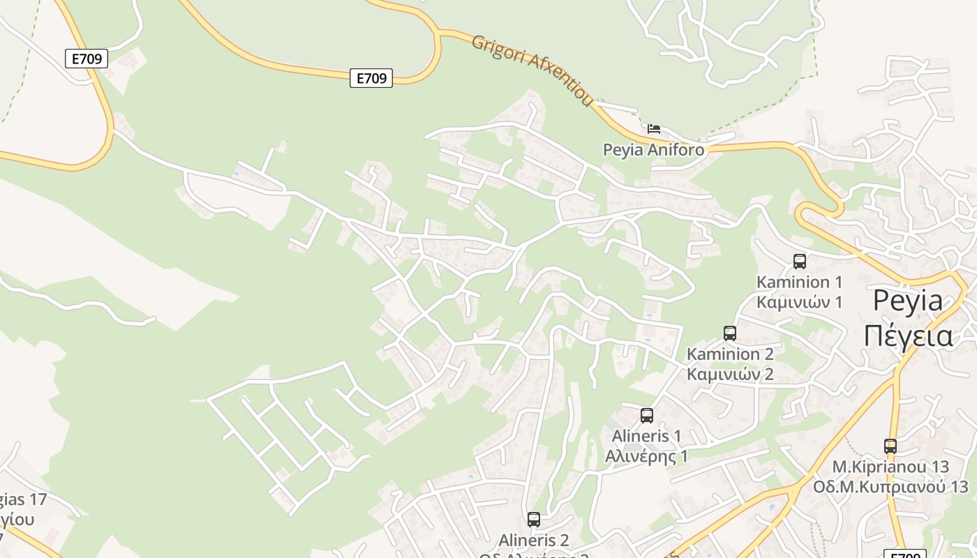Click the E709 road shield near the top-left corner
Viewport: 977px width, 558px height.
pos(87,59)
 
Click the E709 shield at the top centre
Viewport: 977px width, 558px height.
pos(371,78)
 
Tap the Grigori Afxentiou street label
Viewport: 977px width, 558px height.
pos(532,70)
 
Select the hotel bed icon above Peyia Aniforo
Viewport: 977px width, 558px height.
pos(654,128)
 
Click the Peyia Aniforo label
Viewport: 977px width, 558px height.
pos(653,150)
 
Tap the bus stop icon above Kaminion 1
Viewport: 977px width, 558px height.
pos(800,262)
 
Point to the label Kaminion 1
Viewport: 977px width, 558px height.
pos(800,282)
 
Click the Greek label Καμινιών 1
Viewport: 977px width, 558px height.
pos(800,303)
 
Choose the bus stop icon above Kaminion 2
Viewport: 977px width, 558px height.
pos(730,333)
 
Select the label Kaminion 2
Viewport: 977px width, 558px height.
pos(730,354)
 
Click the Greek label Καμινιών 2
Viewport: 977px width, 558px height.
pos(730,375)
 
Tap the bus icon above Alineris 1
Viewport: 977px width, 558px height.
pos(647,416)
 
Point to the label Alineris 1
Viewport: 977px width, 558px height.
pos(646,437)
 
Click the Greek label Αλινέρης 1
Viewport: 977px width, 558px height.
pos(646,457)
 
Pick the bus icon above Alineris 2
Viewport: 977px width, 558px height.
pos(534,520)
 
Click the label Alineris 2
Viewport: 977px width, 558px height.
pos(534,541)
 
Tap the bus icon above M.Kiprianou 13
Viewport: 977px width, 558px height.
pos(890,446)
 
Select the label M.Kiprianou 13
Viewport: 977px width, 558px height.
pos(890,467)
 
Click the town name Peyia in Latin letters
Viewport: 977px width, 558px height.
pos(907,301)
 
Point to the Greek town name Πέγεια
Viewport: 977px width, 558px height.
pos(907,335)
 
